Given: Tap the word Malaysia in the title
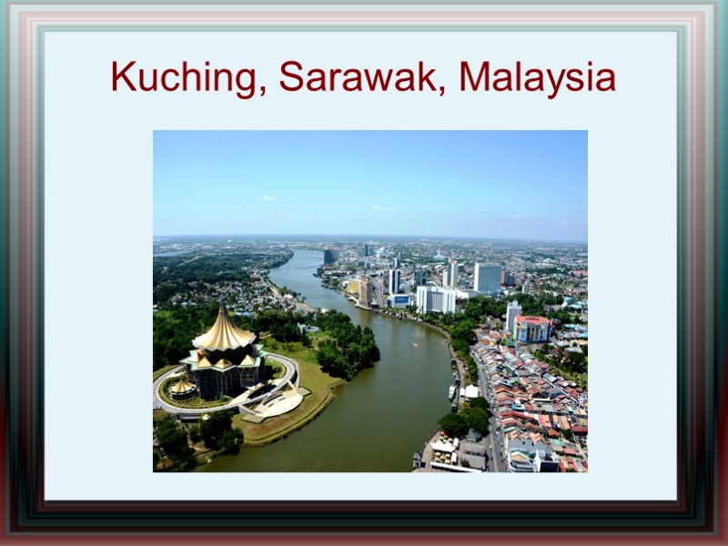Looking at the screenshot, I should pyautogui.click(x=537, y=77).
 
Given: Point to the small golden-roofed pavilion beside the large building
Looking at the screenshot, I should pyautogui.click(x=183, y=387).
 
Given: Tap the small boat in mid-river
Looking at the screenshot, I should pyautogui.click(x=414, y=344).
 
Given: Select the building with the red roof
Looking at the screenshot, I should pyautogui.click(x=533, y=328).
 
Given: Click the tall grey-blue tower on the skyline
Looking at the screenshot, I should pyautogui.click(x=488, y=277).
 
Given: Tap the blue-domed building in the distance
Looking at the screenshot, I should pyautogui.click(x=440, y=257).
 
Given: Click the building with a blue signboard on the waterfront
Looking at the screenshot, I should pyautogui.click(x=400, y=299).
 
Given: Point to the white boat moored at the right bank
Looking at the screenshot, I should pyautogui.click(x=452, y=391).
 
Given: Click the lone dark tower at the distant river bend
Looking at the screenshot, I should pyautogui.click(x=329, y=257).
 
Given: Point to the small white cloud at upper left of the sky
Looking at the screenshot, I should pyautogui.click(x=268, y=197).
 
